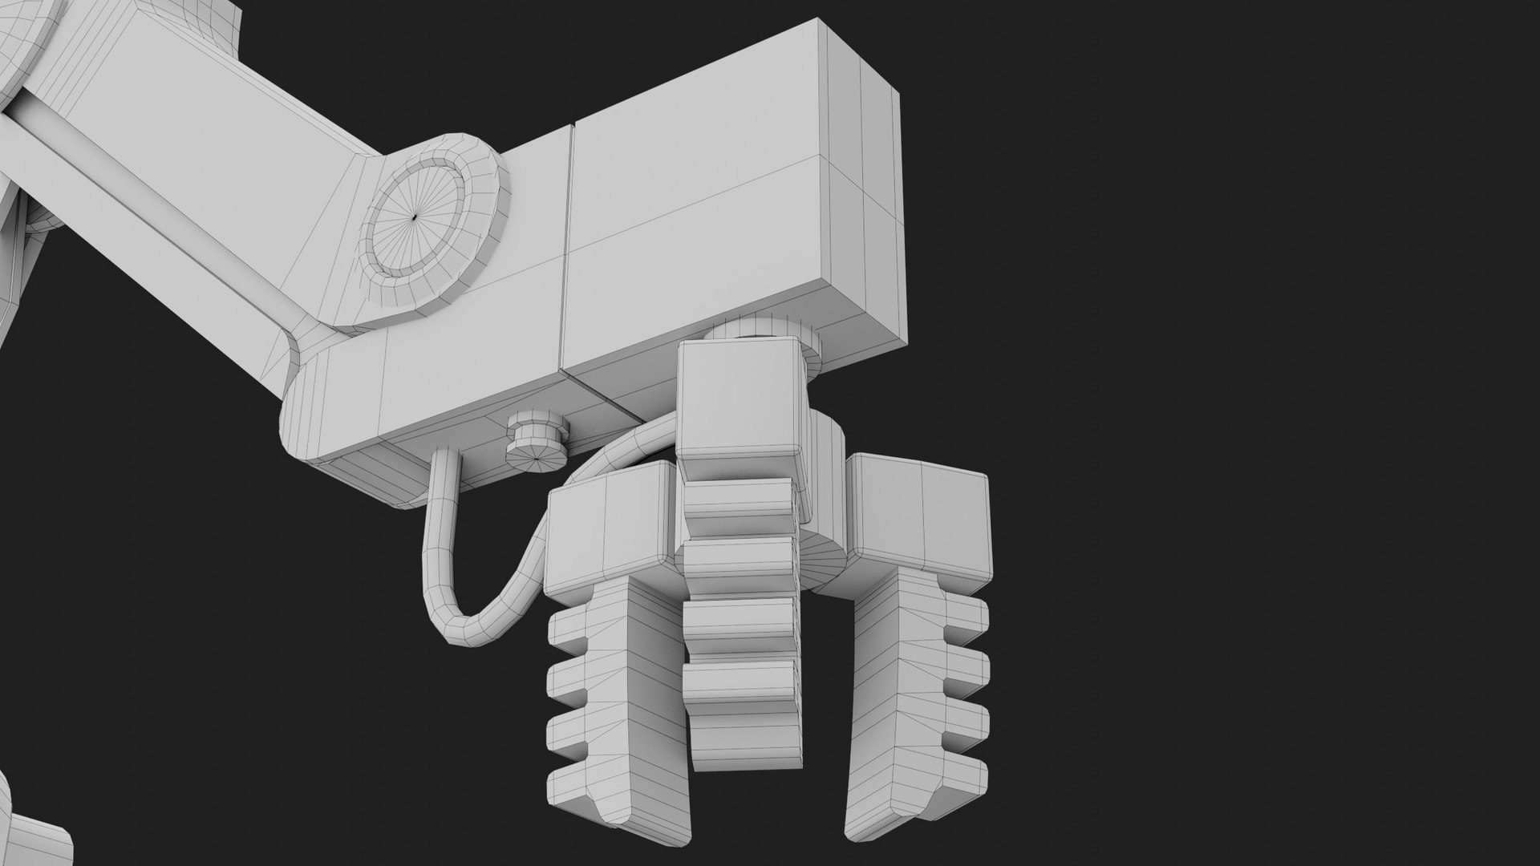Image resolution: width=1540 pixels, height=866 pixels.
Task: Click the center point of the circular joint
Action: (414, 218)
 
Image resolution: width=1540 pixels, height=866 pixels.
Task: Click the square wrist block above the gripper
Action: (740, 401)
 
